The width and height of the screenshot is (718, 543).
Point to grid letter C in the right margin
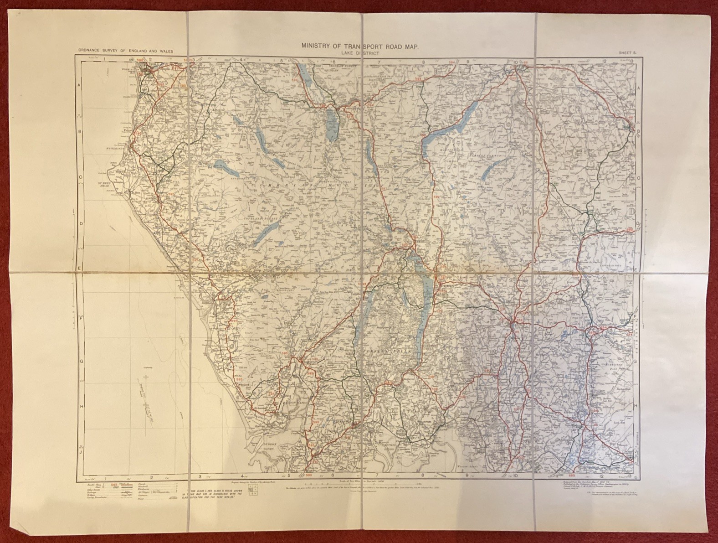pos(638,178)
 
